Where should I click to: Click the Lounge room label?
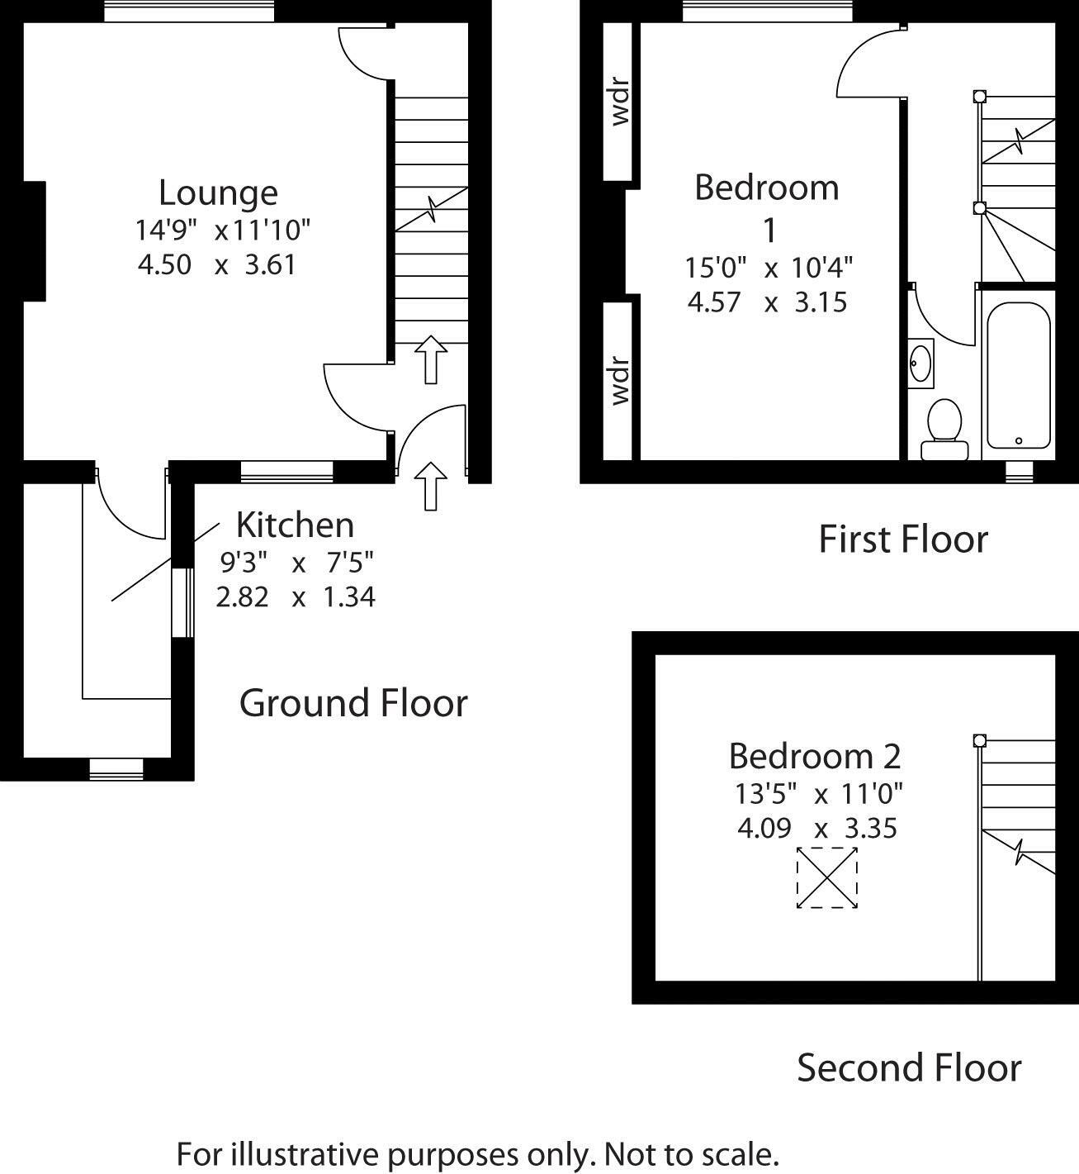218,193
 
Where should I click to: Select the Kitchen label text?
296,525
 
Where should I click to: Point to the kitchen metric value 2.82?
242,597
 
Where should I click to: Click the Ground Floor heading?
353,702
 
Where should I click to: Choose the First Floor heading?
903,539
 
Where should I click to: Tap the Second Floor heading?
909,1068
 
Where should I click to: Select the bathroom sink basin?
921,363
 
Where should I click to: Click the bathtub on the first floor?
1018,375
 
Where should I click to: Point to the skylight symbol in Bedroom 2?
827,877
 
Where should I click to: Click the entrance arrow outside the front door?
431,486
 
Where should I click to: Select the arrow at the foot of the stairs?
431,359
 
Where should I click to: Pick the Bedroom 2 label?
815,756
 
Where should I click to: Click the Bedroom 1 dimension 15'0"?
716,268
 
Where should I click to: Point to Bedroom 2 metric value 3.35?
871,829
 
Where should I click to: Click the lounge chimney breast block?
34,241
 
